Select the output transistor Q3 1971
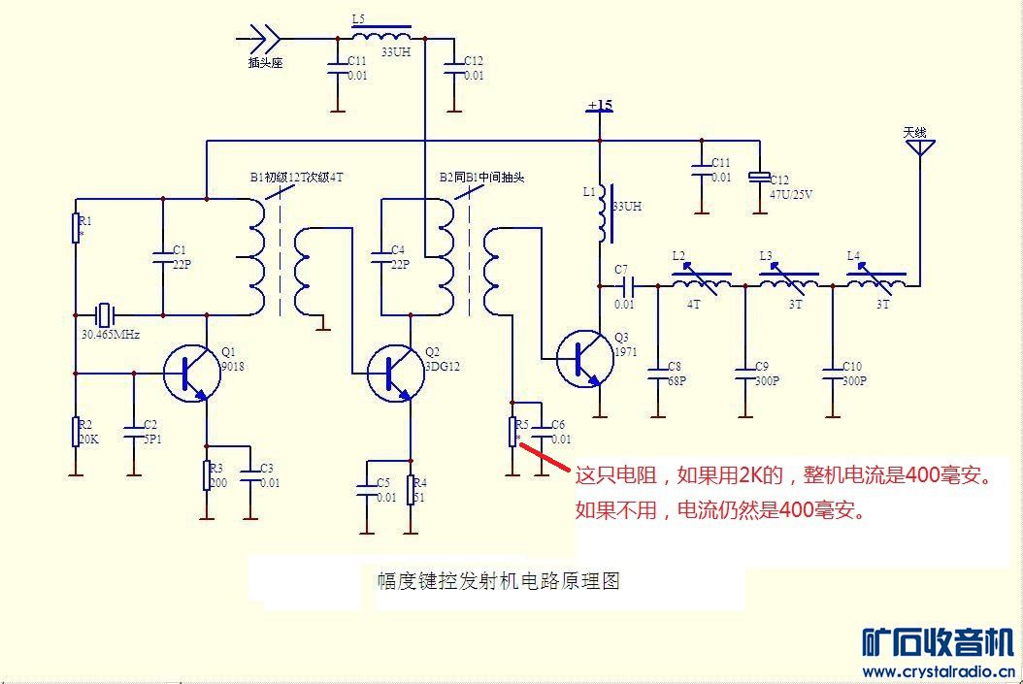584,358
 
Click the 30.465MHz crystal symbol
106,314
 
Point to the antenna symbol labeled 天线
919,147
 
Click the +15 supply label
600,105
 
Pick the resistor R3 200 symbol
206,475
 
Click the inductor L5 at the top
380,38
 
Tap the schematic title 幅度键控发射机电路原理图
498,581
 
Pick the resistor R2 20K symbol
75,432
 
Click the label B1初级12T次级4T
296,178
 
